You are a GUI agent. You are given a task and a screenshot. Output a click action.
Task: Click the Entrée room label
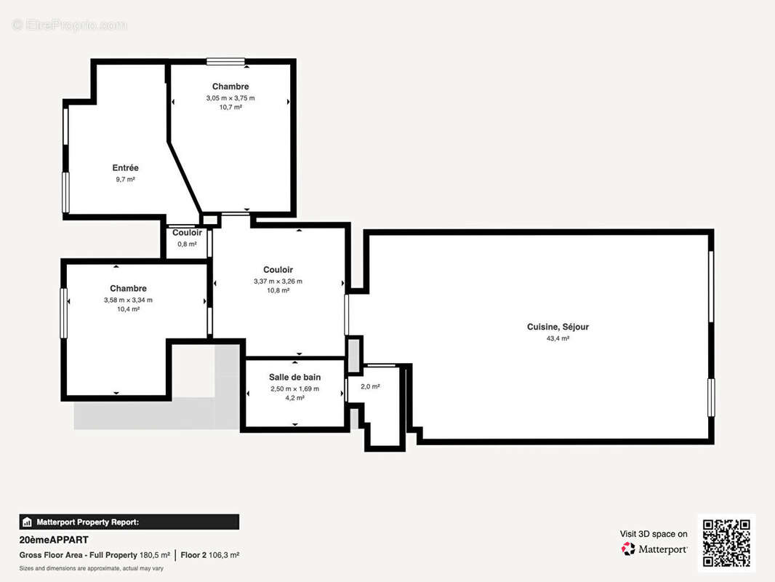pos(125,168)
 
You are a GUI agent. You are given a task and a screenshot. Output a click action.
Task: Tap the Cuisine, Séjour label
pos(558,327)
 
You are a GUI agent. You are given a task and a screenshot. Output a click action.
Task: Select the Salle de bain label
pos(294,377)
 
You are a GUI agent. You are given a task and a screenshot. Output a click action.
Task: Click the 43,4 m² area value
pos(558,338)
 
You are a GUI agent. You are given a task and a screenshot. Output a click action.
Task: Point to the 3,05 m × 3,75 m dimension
pos(230,97)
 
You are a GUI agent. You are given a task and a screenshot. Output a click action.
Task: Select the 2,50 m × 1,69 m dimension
pos(294,388)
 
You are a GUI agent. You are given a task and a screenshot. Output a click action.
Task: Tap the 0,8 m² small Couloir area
pos(187,244)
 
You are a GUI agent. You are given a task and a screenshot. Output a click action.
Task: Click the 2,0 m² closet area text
pos(370,386)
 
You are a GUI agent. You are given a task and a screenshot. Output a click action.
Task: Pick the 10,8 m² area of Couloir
pos(278,290)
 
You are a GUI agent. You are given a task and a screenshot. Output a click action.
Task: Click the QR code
pos(726,543)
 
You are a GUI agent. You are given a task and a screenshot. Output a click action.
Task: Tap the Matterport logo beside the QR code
pos(654,549)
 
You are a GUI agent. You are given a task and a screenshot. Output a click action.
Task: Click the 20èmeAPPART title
pos(54,540)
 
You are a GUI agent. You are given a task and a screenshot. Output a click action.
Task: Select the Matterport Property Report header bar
pos(129,522)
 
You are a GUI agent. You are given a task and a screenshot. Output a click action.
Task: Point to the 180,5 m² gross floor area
pos(155,555)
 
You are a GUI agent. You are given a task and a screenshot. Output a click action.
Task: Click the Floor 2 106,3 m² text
pos(210,555)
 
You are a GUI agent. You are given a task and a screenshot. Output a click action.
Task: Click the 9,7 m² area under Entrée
pos(125,179)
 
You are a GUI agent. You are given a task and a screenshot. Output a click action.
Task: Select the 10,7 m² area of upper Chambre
pos(230,107)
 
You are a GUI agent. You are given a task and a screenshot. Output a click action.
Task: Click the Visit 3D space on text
pos(653,534)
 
